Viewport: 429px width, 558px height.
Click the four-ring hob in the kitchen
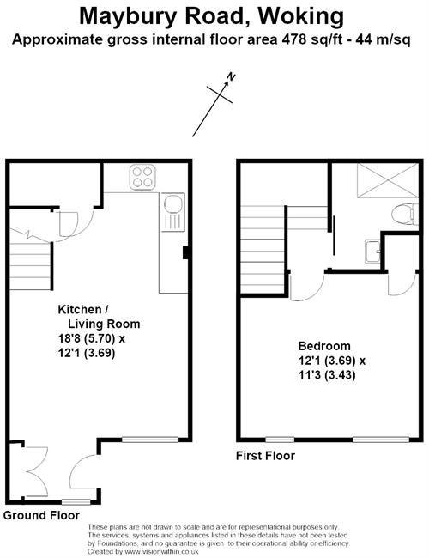pos(143,177)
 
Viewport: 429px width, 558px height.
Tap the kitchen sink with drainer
pos(173,212)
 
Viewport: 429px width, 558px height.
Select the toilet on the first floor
pos(405,215)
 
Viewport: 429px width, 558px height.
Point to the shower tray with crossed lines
pos(388,180)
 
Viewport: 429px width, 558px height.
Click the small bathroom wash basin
pos(372,252)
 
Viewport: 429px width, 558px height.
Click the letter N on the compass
pos(232,76)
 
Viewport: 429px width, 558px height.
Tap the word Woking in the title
pos(300,16)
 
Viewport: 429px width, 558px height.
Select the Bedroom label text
pos(324,346)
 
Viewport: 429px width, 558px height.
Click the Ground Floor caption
pos(41,515)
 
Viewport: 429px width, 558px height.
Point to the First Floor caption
pos(265,456)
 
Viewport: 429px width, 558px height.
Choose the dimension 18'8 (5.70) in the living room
pos(88,338)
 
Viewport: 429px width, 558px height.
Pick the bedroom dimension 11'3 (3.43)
pos(327,375)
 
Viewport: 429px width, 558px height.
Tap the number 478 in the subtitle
pos(293,39)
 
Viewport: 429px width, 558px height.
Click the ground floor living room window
pos(150,440)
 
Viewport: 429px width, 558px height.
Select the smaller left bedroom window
pos(280,440)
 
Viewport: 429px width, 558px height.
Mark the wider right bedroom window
pos(381,440)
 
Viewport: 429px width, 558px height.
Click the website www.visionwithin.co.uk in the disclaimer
pos(161,552)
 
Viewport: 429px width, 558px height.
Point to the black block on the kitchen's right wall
pos(185,252)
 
